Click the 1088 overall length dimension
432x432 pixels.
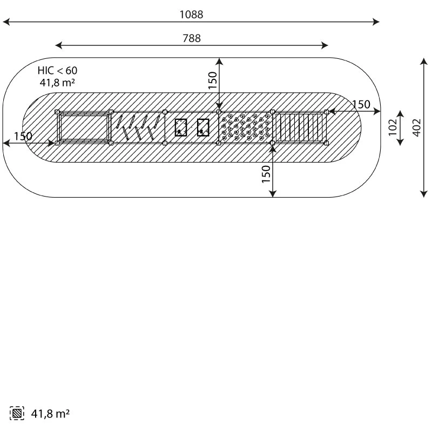click(192, 15)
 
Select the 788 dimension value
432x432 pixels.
click(192, 38)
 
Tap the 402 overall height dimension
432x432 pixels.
click(417, 127)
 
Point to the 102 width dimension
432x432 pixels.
click(393, 127)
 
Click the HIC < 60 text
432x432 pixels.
click(58, 71)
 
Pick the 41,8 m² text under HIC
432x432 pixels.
click(57, 83)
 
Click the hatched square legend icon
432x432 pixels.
click(17, 413)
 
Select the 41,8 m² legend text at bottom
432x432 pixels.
click(50, 414)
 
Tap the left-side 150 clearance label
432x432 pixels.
click(23, 136)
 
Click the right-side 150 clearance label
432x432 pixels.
click(361, 104)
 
